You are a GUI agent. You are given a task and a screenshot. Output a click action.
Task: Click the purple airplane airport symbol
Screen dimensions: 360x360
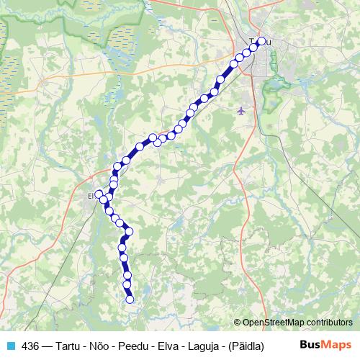[240, 110]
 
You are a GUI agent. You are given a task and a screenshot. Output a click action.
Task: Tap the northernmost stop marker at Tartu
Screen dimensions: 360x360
[261, 41]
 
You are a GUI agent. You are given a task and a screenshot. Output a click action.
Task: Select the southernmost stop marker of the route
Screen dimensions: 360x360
[130, 300]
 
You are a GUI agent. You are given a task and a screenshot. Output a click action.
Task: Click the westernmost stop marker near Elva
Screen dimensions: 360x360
[99, 194]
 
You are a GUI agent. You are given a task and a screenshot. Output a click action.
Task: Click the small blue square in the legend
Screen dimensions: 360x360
[10, 346]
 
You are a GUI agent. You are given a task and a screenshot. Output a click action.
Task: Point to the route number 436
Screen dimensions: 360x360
[30, 346]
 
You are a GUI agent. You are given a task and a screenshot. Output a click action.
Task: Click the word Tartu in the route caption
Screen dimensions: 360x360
[71, 346]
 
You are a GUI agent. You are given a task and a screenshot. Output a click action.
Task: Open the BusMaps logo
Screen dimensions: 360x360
[326, 345]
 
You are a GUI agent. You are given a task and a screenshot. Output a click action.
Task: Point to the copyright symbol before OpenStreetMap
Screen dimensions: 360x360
[237, 323]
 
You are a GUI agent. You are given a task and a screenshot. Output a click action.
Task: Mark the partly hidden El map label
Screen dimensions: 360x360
[91, 195]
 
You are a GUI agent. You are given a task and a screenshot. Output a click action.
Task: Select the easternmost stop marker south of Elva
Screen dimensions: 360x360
[130, 232]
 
